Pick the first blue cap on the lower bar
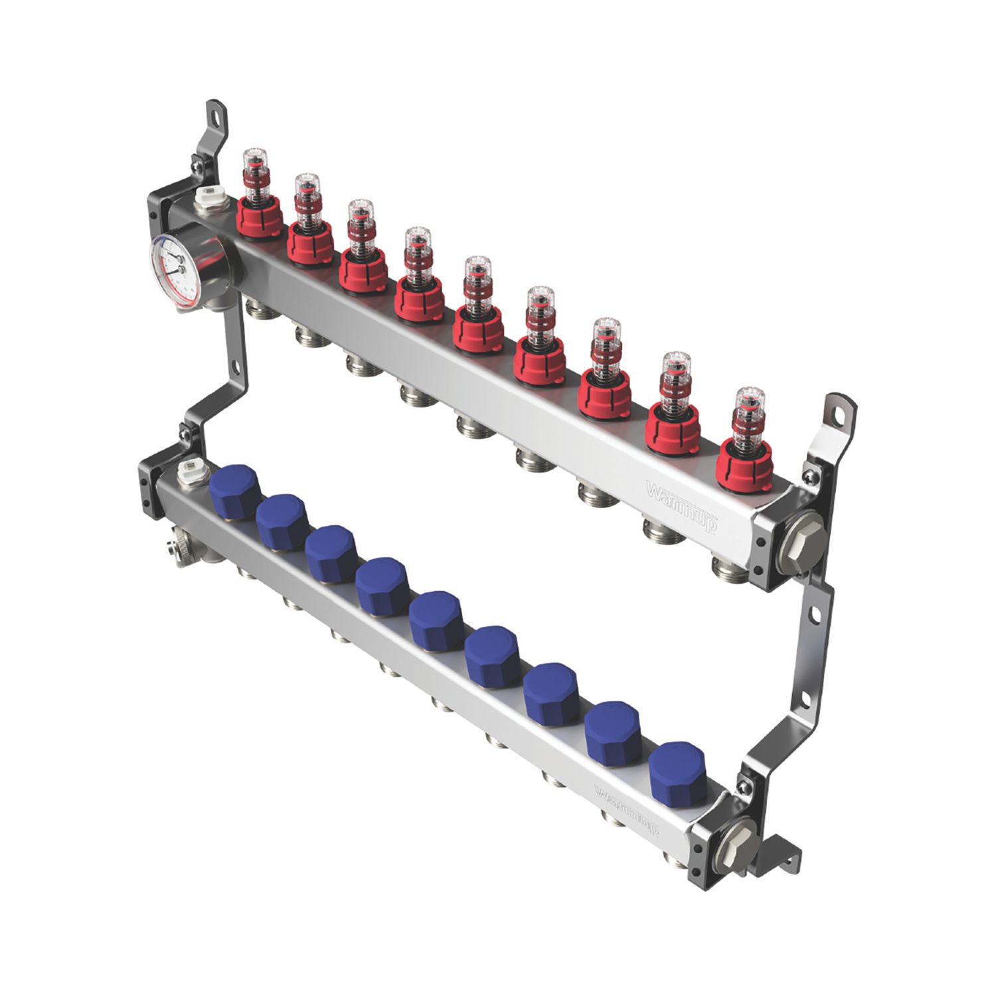[x=234, y=487]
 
